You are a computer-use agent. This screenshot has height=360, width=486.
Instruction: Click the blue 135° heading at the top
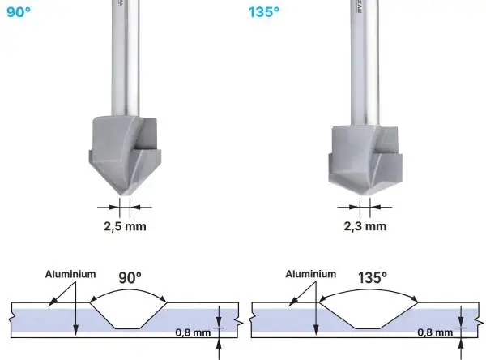pos(264,13)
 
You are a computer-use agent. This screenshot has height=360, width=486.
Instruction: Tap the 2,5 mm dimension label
pos(125,225)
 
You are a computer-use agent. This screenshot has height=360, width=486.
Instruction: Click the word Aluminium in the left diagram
pos(70,275)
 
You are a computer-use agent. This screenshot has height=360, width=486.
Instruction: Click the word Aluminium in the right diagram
pos(310,275)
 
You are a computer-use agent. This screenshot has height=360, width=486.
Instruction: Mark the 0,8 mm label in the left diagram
pos(194,332)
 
